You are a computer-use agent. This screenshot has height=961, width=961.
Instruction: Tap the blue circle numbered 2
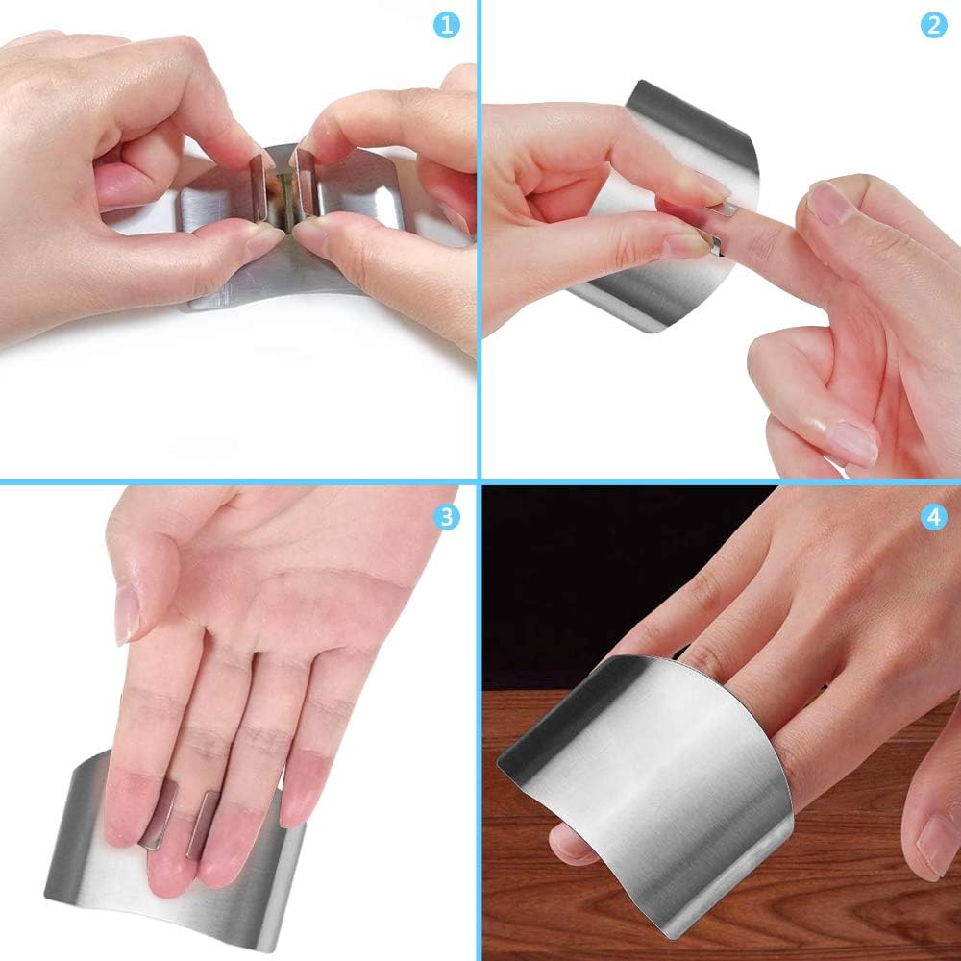(x=932, y=24)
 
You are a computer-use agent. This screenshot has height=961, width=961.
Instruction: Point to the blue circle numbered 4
(x=932, y=516)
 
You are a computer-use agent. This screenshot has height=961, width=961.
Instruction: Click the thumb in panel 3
(x=130, y=577)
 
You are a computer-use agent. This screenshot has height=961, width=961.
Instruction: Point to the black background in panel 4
(x=577, y=577)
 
